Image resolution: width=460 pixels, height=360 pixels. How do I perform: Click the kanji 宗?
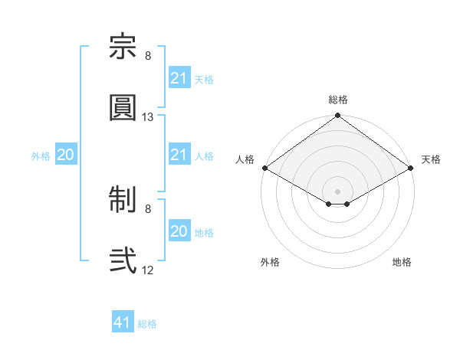click(123, 46)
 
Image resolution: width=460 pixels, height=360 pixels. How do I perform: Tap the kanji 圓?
click(123, 107)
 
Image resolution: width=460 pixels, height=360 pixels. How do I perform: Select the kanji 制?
click(123, 199)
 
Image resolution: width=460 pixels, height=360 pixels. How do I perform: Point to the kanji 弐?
click(123, 260)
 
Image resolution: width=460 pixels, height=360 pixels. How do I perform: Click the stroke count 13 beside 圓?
click(147, 117)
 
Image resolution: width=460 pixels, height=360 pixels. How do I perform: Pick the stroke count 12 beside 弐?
click(147, 270)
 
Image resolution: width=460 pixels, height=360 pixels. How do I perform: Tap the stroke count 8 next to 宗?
click(148, 56)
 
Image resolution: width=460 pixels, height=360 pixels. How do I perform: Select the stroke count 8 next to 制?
click(148, 209)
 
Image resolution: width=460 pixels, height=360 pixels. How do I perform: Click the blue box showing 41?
click(123, 321)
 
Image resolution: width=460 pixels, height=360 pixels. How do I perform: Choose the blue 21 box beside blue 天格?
click(180, 77)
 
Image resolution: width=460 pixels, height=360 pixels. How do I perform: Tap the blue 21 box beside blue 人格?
click(180, 154)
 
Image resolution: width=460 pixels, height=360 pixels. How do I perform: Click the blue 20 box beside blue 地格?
click(180, 230)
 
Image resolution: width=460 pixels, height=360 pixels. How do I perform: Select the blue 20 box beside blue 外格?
click(66, 154)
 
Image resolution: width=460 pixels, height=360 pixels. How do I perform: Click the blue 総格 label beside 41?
click(147, 324)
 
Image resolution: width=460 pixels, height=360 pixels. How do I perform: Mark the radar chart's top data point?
click(337, 115)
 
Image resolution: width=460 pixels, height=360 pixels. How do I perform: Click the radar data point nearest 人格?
click(265, 168)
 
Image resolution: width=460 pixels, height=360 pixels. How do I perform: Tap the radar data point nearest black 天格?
click(411, 168)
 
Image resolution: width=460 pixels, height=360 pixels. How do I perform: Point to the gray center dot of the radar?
click(337, 191)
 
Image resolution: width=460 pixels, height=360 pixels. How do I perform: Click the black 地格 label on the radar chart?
click(402, 262)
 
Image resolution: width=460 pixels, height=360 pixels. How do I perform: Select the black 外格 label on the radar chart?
click(270, 262)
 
